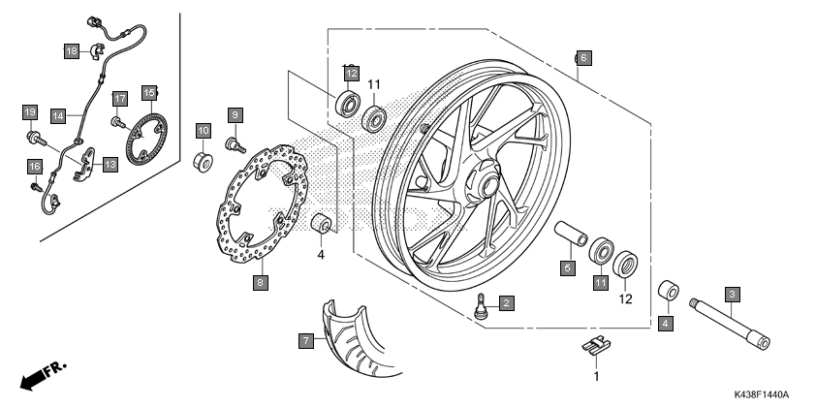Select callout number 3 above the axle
pos(733,294)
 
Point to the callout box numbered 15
pos(149,93)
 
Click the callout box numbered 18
pos(72,50)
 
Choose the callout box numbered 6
pos(582,56)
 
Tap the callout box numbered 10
pos(204,130)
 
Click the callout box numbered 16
pos(35,166)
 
